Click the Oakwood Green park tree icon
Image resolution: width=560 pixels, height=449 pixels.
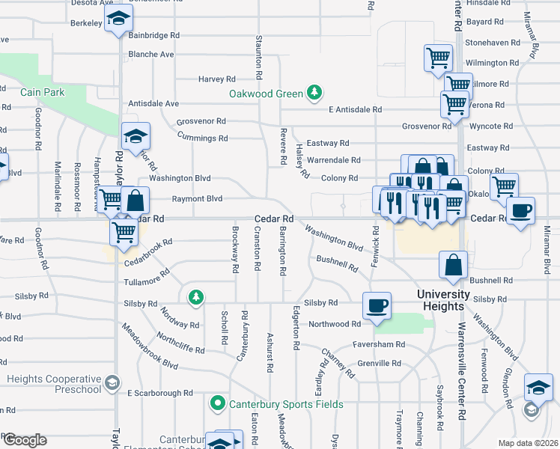(x=315, y=93)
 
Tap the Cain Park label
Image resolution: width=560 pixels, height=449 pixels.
(x=43, y=92)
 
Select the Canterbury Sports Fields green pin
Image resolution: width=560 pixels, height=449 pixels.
(x=218, y=404)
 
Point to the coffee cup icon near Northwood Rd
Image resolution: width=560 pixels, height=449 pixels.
(x=377, y=305)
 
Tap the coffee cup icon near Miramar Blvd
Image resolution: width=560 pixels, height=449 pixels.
(x=520, y=210)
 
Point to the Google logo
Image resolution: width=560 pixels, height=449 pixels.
(x=25, y=440)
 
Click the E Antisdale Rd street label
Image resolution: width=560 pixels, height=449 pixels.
(x=355, y=109)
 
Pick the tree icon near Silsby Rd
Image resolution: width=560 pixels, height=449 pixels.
(x=195, y=298)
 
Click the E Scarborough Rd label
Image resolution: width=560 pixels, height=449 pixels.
(x=159, y=393)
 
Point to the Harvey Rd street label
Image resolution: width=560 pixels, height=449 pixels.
(x=217, y=79)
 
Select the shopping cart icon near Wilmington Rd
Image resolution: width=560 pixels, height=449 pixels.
(x=438, y=58)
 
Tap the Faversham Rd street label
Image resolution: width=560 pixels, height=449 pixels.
(x=380, y=344)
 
